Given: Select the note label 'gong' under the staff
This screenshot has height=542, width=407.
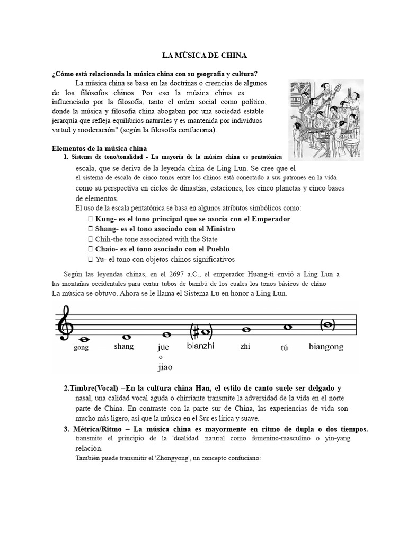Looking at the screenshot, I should [x=81, y=348].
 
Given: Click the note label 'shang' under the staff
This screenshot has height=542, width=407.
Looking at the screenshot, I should [x=123, y=347].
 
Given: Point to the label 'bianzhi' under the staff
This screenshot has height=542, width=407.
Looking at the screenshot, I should [x=200, y=346].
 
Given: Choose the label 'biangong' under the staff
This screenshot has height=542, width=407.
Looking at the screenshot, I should [x=326, y=347].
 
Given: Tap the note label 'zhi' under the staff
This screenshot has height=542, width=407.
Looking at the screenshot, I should [x=245, y=347].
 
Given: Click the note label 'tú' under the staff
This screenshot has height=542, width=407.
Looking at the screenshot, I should [x=284, y=349].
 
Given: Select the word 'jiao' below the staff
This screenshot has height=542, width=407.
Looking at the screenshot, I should [x=165, y=367].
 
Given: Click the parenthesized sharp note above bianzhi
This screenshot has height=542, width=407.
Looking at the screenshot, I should [x=201, y=333].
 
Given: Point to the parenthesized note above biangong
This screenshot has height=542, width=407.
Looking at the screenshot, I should [x=326, y=324].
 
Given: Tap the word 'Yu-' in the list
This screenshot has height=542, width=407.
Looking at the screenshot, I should [x=101, y=259].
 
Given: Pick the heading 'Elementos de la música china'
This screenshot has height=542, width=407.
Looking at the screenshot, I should [x=99, y=148].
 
